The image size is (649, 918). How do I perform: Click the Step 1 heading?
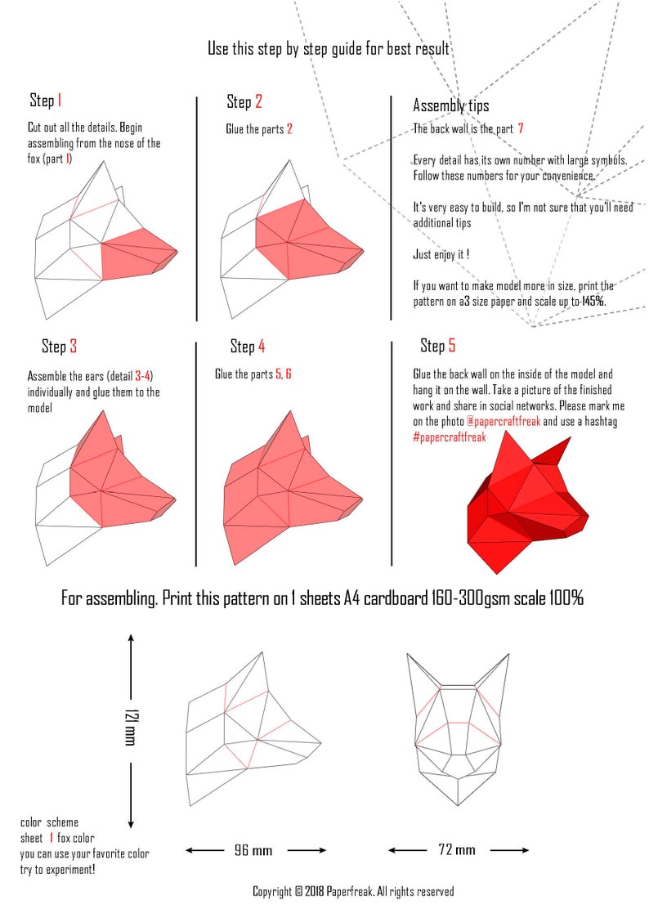click(x=45, y=100)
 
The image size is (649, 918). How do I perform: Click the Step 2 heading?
click(x=244, y=101)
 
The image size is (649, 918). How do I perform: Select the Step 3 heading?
click(x=59, y=346)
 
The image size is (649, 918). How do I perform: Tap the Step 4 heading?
click(x=248, y=346)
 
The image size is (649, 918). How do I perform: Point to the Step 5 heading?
click(x=438, y=346)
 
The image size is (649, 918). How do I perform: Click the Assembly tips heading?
click(x=450, y=105)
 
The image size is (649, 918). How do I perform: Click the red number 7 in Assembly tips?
click(x=520, y=128)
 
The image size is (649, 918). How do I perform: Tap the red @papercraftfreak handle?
click(x=504, y=422)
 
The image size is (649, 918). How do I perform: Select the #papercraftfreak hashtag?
click(x=450, y=437)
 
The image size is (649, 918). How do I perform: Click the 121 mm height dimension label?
click(x=131, y=728)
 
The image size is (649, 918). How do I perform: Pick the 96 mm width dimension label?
click(x=253, y=850)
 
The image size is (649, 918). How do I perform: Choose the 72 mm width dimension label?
click(x=457, y=849)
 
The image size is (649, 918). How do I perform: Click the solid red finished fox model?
click(x=527, y=504)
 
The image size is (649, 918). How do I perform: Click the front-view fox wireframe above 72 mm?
click(x=458, y=729)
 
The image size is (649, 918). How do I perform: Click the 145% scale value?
click(x=593, y=302)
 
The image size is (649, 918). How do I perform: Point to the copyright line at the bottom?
click(x=353, y=892)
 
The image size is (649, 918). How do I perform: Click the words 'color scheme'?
click(x=49, y=822)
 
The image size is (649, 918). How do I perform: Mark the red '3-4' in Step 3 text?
click(x=143, y=376)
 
